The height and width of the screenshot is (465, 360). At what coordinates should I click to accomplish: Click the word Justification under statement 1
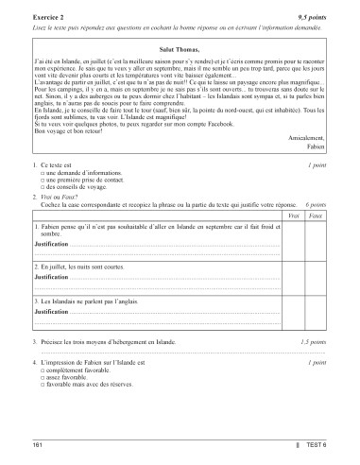(x=51, y=245)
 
